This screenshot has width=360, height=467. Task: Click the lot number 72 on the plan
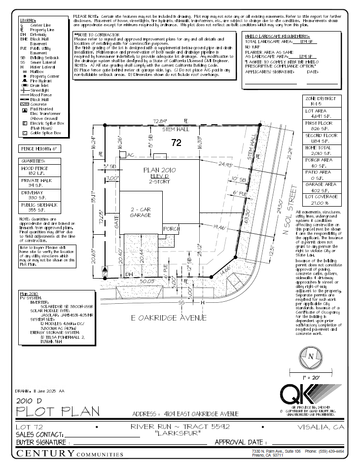[177, 144]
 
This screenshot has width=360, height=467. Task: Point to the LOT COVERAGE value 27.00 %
[321, 202]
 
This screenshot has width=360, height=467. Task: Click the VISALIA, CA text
[324, 427]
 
